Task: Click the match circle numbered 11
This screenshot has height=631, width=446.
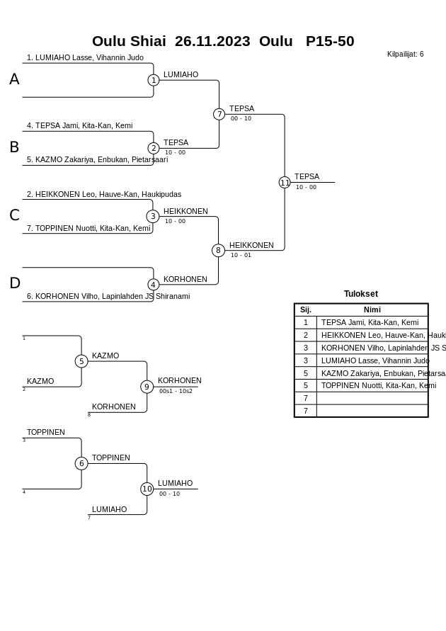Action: [x=285, y=183]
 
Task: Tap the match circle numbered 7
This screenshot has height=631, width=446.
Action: [x=219, y=114]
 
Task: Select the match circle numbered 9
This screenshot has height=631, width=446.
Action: [x=147, y=387]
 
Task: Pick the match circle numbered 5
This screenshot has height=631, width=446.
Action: [x=81, y=361]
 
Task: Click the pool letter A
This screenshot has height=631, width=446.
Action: [x=14, y=79]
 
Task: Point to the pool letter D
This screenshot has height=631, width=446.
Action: [x=14, y=283]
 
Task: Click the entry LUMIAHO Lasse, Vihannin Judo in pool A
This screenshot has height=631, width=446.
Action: [x=85, y=58]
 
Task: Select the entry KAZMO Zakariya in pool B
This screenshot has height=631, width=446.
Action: [x=97, y=160]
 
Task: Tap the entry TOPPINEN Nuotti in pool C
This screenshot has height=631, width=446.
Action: [x=88, y=229]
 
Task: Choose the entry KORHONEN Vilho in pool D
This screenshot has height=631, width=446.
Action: [x=108, y=297]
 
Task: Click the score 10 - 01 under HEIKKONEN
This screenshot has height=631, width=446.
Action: [x=241, y=255]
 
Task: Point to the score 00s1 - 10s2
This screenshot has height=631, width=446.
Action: [x=176, y=391]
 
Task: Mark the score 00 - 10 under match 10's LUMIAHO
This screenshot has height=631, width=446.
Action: [x=169, y=494]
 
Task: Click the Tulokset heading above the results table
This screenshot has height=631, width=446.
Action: [x=361, y=294]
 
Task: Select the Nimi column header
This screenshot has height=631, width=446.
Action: [x=372, y=309]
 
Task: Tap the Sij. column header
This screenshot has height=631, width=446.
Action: [x=306, y=309]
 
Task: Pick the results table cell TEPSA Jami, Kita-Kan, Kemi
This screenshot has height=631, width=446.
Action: [x=370, y=322]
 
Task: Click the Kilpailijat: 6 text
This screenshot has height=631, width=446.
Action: [x=406, y=54]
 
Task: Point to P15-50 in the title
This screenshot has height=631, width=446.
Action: [x=330, y=41]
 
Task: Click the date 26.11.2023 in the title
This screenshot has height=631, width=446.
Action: [x=212, y=41]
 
